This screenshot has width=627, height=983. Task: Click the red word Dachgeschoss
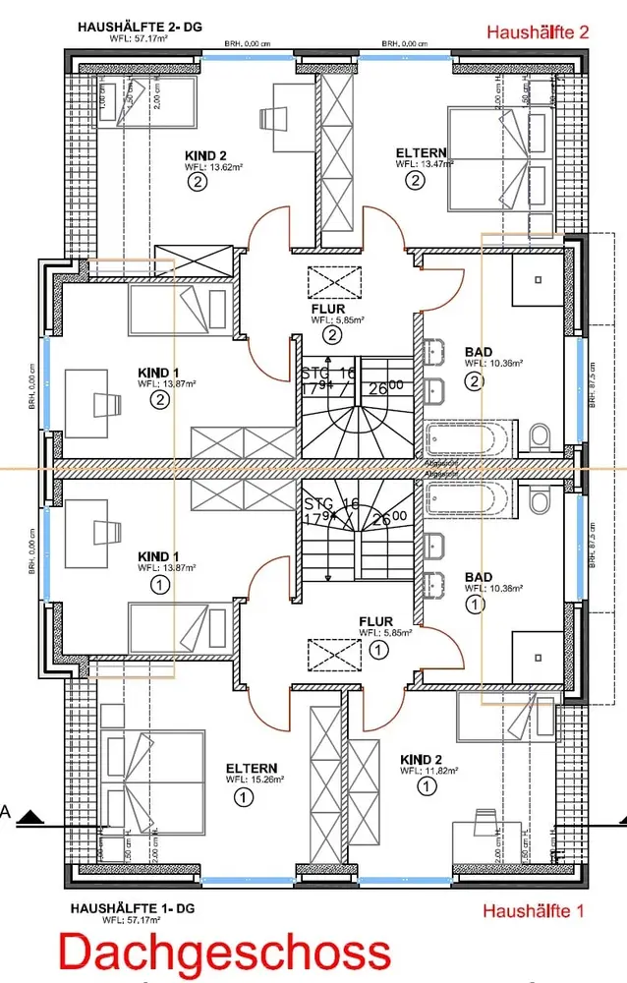[223, 954]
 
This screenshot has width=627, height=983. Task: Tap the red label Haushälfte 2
[537, 32]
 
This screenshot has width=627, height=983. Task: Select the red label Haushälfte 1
[533, 911]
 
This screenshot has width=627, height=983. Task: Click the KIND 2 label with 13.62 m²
[206, 155]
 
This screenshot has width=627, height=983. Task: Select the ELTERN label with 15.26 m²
[251, 768]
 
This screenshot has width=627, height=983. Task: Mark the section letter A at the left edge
[6, 813]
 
